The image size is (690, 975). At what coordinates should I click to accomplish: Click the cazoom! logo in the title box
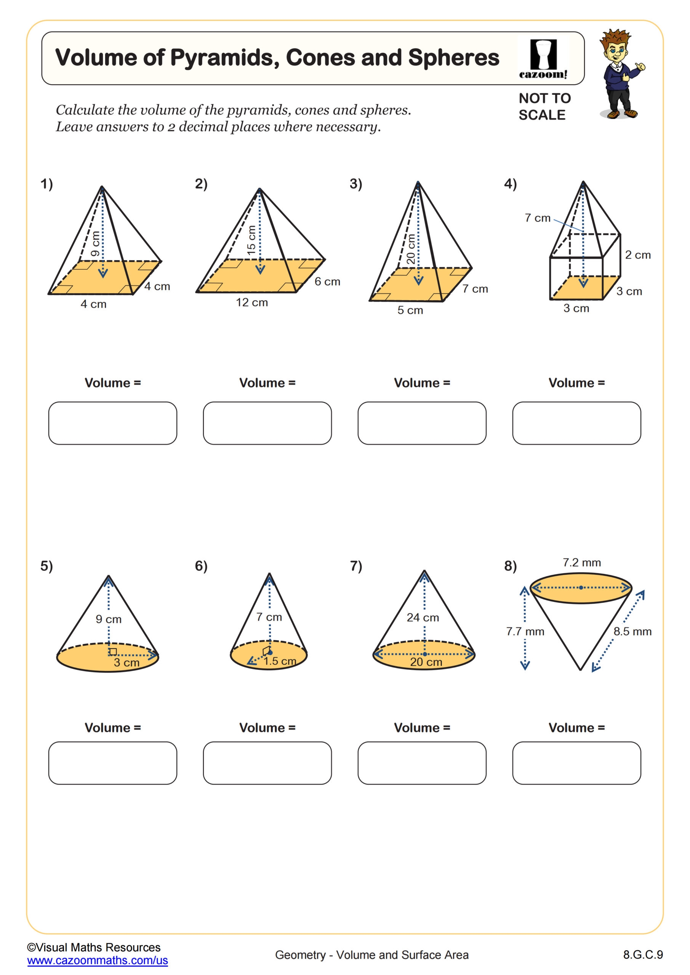click(x=543, y=59)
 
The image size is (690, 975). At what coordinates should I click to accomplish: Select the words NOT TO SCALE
click(x=544, y=107)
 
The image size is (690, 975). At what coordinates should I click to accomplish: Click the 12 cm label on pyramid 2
click(x=252, y=303)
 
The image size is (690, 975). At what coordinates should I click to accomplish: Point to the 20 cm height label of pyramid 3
click(x=411, y=249)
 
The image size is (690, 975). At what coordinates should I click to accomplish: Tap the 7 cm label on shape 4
click(x=538, y=218)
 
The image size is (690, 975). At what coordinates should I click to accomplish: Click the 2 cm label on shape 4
click(x=638, y=255)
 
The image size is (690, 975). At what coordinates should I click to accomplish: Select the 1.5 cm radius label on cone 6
click(x=280, y=661)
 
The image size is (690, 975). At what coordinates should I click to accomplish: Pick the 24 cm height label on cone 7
click(x=423, y=617)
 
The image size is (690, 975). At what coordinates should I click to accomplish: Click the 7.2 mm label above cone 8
click(x=582, y=563)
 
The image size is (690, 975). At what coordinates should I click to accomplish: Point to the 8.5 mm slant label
click(x=632, y=631)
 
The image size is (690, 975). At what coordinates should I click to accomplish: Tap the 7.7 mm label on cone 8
click(x=525, y=631)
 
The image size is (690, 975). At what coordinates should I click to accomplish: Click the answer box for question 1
click(x=113, y=424)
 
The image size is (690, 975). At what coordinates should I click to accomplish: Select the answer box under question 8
click(x=576, y=763)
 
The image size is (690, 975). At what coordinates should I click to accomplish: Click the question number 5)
click(x=47, y=566)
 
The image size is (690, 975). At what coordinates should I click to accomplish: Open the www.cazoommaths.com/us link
click(x=97, y=961)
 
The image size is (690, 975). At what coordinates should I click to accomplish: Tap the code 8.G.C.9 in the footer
click(x=643, y=954)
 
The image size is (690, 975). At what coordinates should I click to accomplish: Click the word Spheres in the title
click(x=453, y=58)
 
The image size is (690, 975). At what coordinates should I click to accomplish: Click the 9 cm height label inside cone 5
click(x=108, y=619)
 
